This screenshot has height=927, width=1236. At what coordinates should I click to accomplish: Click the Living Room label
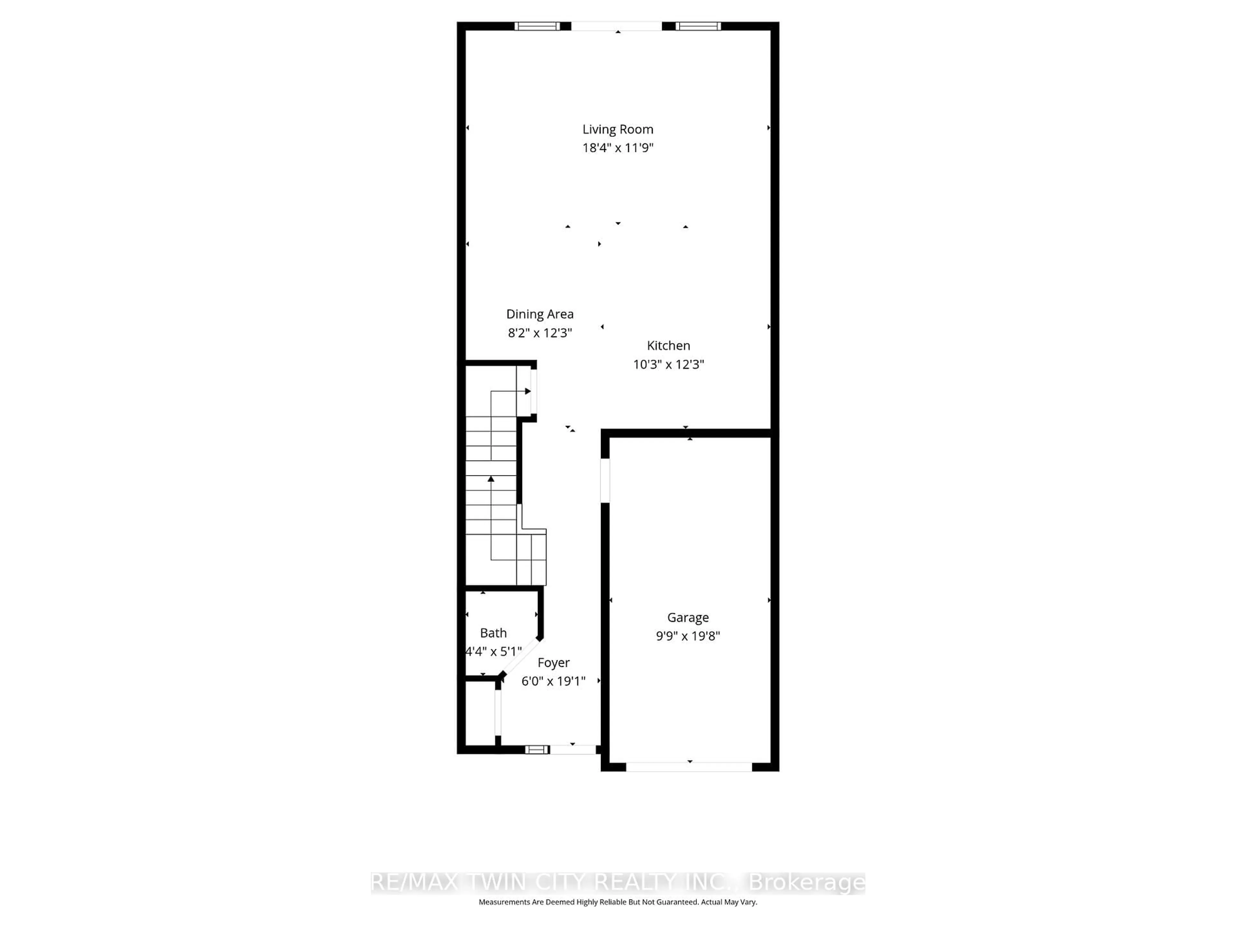pos(617,129)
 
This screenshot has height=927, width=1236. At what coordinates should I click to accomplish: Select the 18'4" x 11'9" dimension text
pos(617,147)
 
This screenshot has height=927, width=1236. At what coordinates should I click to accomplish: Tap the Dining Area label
pos(540,314)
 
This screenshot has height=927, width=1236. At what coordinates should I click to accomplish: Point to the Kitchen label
pos(668,345)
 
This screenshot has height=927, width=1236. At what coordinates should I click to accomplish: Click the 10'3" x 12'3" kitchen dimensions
pos(668,364)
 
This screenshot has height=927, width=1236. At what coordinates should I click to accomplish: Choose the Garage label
pos(688,617)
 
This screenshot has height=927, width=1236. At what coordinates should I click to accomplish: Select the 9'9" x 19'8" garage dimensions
pos(688,636)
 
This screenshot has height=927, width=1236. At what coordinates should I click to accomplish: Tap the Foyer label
pos(553,663)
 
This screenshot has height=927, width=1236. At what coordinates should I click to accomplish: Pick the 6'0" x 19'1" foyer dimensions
pos(553,681)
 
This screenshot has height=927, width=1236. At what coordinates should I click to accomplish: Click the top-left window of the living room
pos(537,26)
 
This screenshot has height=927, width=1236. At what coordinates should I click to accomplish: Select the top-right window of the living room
pos(698,26)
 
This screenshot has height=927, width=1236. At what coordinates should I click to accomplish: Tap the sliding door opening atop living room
pos(616,26)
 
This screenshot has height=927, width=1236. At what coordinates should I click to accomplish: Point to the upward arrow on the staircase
pos(491,479)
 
